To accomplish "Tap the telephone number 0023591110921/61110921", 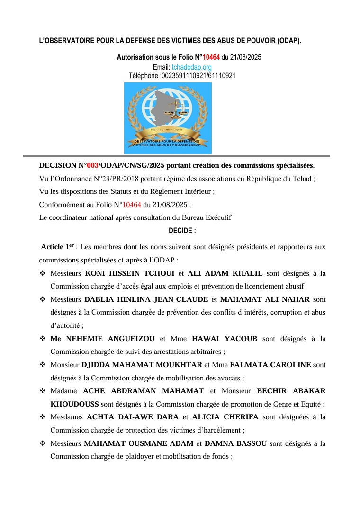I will coord(198,76).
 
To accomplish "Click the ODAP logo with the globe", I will coord(168,118).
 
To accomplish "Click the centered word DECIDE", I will coord(182,231).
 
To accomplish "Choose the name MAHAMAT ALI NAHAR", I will coord(265,299).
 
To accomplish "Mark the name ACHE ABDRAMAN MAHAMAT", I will coord(143,391).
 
